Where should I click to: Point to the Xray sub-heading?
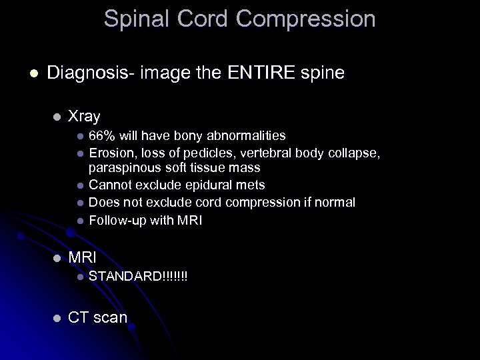point(84,116)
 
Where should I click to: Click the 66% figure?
point(102,136)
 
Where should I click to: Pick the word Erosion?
point(109,153)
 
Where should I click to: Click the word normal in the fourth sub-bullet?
point(335,202)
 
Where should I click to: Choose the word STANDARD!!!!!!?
point(138,276)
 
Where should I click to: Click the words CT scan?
point(97,317)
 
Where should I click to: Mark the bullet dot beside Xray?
point(57,117)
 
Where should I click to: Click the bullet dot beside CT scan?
point(57,318)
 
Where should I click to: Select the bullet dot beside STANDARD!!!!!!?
point(79,276)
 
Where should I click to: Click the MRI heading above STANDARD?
point(83,257)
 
